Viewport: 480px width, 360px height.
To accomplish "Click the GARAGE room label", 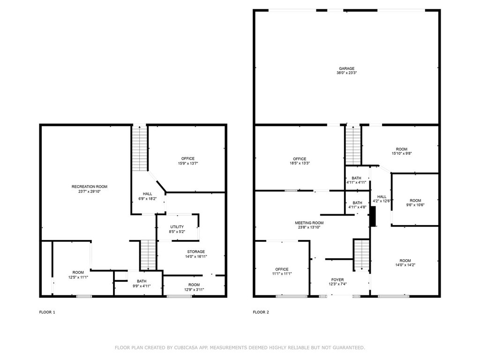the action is (346, 68).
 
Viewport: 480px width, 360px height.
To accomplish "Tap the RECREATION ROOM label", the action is (90, 187).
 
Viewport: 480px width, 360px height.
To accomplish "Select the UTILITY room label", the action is (177, 227).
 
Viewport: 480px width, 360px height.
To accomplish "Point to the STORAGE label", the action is (196, 252).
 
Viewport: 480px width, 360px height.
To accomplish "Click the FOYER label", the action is (337, 280).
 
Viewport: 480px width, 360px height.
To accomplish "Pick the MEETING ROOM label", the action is (309, 223).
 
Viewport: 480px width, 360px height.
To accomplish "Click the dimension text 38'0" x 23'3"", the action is (346, 73).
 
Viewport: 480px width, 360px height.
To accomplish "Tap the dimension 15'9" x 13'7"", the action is (188, 164).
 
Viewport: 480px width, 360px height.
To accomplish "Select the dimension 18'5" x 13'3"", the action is (300, 164).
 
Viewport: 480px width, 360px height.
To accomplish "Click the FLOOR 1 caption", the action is (47, 312).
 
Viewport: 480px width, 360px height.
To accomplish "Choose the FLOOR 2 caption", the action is (261, 312).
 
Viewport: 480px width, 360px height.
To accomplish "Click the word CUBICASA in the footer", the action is (186, 347).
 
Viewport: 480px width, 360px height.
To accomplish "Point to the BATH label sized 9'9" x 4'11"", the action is (142, 281).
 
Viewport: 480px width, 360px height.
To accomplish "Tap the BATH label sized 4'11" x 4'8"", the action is (357, 203).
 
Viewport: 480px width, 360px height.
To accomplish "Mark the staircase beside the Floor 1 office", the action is (140, 149).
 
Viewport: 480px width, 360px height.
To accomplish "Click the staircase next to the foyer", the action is (361, 255).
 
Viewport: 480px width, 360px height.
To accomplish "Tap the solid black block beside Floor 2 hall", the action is (373, 217).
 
